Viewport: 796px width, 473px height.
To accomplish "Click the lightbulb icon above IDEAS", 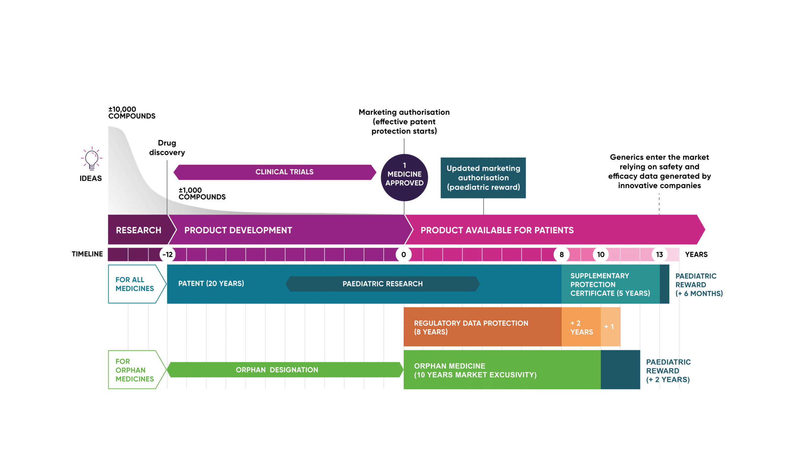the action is point(92,158).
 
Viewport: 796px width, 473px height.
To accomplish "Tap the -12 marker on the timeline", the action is point(167,254).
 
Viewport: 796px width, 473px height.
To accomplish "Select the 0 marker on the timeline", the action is point(404,254).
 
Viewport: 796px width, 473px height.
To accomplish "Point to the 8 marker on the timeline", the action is point(562,254).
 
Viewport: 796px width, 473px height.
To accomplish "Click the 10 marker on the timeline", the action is point(601,254).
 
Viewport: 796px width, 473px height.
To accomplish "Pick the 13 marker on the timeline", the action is point(659,254).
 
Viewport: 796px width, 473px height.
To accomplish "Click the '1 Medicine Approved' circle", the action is point(404,177).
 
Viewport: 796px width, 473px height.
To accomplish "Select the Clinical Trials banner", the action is point(275,172).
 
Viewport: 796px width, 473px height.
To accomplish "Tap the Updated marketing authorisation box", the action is point(483,178).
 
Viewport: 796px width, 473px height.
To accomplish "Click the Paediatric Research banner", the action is point(382,284).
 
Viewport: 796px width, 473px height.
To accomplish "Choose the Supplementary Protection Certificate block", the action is point(610,284).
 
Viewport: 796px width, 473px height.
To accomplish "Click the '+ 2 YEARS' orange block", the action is point(581,327).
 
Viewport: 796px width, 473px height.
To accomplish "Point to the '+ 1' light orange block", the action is point(610,327).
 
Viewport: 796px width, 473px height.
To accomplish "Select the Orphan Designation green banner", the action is point(285,370).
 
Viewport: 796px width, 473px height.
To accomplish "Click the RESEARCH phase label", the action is point(138,230).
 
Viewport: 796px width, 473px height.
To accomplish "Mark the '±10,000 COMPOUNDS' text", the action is point(132,112).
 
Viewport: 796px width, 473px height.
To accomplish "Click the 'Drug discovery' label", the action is point(167,148).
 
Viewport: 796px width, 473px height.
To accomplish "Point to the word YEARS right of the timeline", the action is point(696,254).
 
